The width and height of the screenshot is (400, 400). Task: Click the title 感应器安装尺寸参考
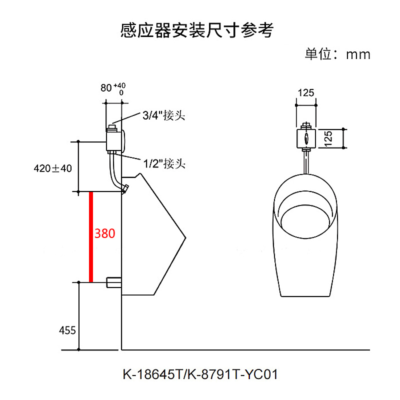pyautogui.click(x=197, y=30)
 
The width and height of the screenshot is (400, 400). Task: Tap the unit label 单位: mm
pyautogui.click(x=337, y=54)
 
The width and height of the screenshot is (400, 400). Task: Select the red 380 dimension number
pyautogui.click(x=105, y=233)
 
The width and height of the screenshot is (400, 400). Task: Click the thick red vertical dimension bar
pyautogui.click(x=91, y=236)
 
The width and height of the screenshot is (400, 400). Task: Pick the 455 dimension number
pyautogui.click(x=67, y=330)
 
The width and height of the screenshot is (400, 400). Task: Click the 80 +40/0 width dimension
pyautogui.click(x=112, y=88)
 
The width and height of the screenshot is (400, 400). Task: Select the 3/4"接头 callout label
pyautogui.click(x=163, y=115)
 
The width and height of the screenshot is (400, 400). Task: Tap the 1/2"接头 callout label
pyautogui.click(x=163, y=163)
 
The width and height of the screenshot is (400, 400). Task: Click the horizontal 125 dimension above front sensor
pyautogui.click(x=305, y=92)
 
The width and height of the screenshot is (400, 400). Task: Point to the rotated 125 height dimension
pyautogui.click(x=328, y=138)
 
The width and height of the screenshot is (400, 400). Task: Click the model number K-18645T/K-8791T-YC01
pyautogui.click(x=200, y=374)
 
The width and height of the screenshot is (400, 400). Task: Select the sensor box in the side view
pyautogui.click(x=116, y=139)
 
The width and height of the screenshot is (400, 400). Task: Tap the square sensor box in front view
pyautogui.click(x=306, y=138)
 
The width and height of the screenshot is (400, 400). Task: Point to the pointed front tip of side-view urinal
pyautogui.click(x=184, y=237)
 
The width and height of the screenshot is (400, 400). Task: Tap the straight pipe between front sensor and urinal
pyautogui.click(x=306, y=161)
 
